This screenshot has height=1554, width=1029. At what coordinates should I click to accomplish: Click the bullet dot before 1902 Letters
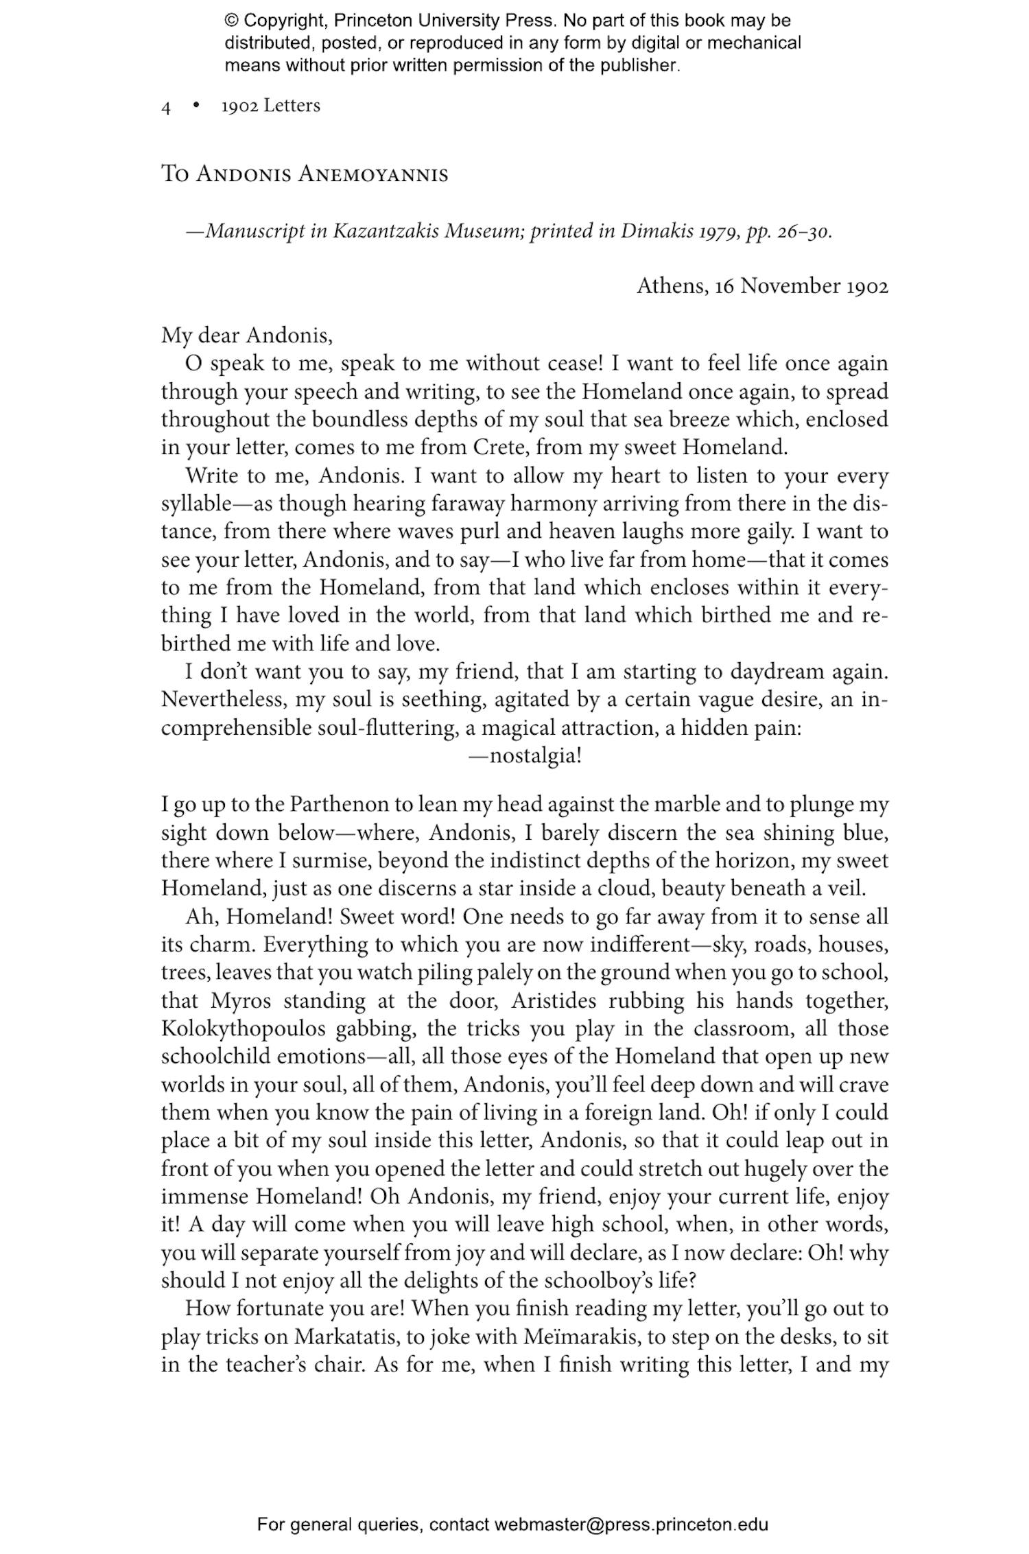click(x=196, y=106)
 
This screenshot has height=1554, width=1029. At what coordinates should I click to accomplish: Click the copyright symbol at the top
click(x=230, y=21)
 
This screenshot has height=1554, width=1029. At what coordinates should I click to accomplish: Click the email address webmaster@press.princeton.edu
click(x=631, y=1524)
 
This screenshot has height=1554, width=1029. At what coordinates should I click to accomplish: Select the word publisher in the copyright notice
click(x=639, y=66)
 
